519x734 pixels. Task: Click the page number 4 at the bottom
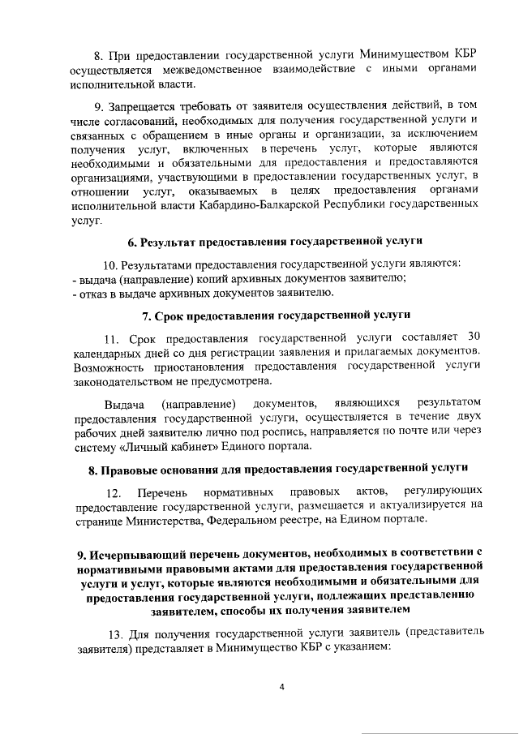281,687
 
